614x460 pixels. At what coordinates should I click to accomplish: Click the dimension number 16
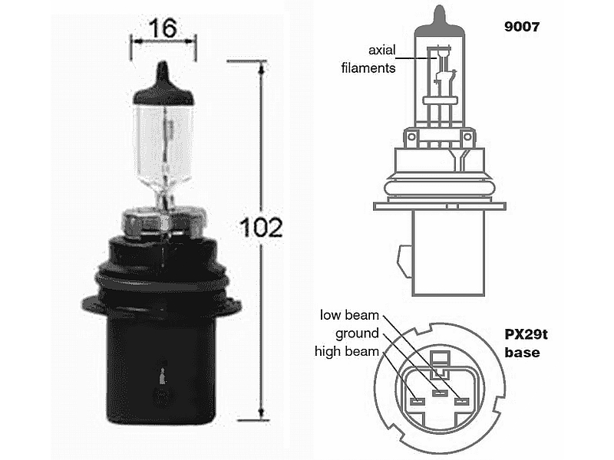162,29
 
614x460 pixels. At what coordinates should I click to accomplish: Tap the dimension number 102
261,227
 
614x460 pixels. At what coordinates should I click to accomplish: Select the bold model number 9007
522,27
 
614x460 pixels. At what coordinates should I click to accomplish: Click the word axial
381,50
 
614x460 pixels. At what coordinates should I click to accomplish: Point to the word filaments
368,68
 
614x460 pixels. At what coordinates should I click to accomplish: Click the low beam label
349,315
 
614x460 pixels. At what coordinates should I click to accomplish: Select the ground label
357,333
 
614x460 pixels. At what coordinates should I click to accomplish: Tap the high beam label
347,351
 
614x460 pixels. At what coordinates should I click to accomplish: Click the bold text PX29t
526,335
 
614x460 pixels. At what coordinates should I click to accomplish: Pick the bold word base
522,353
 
